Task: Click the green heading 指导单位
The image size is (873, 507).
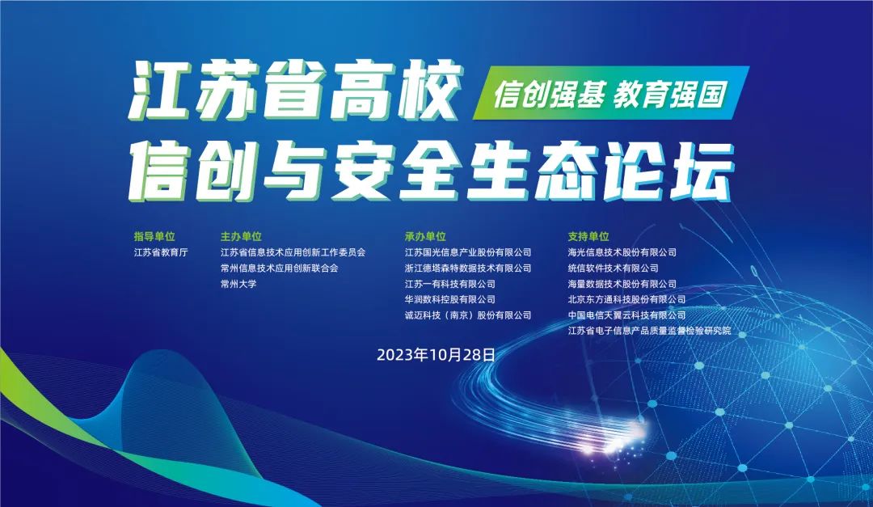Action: (x=154, y=237)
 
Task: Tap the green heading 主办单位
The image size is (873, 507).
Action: (x=241, y=237)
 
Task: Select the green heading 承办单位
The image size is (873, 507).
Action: (x=425, y=237)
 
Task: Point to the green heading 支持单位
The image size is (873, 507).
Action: (x=588, y=237)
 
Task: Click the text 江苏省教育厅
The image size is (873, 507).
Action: (x=160, y=252)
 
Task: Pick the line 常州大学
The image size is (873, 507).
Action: (x=238, y=284)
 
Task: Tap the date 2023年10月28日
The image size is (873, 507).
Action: (x=436, y=354)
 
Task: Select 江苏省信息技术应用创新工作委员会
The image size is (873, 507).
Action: (x=293, y=252)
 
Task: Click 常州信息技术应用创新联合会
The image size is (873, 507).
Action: (x=279, y=268)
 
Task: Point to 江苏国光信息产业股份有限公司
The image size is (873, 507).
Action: (x=468, y=252)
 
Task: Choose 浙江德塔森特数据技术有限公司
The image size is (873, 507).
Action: (x=468, y=268)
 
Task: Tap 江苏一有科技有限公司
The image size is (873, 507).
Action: (x=449, y=284)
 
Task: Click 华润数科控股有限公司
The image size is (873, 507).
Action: (x=449, y=299)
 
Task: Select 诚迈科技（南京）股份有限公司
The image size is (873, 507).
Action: (x=468, y=315)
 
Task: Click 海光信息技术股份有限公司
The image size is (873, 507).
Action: (x=622, y=252)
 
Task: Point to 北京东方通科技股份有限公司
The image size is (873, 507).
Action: (x=626, y=299)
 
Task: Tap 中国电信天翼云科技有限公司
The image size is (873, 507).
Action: (x=626, y=315)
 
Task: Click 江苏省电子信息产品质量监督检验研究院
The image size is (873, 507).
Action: (x=649, y=330)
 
